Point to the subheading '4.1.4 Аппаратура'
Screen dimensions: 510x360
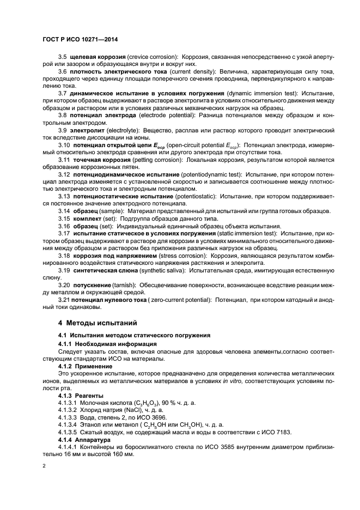pyautogui.click(x=84, y=439)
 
